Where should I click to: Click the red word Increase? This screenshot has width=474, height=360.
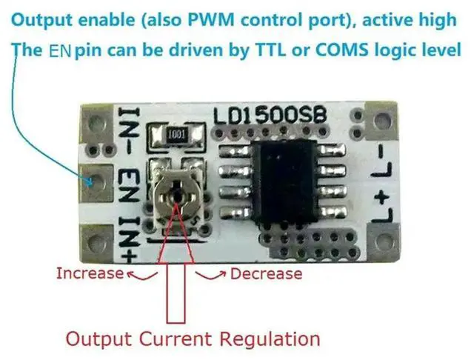click(89, 273)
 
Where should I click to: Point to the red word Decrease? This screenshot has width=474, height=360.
click(266, 273)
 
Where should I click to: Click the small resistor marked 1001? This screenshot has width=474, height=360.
click(176, 136)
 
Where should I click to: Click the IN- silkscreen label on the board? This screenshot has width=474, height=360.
click(126, 130)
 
